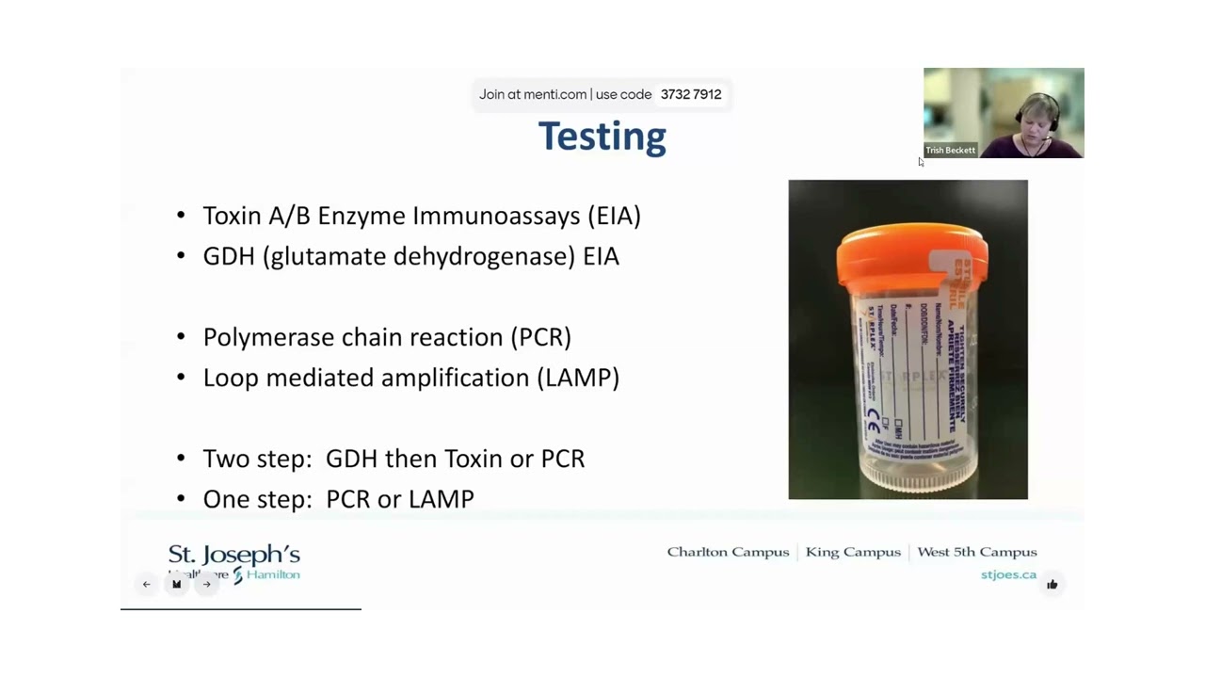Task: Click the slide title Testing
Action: (602, 137)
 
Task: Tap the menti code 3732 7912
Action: (690, 94)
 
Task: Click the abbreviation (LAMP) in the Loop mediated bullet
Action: (578, 378)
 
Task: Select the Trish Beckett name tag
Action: (950, 150)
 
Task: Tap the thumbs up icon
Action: (1052, 585)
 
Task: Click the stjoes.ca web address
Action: (1008, 574)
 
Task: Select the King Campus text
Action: (853, 552)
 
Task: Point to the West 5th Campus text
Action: (976, 552)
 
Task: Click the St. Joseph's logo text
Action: (233, 555)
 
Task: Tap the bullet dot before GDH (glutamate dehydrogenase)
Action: (181, 257)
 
